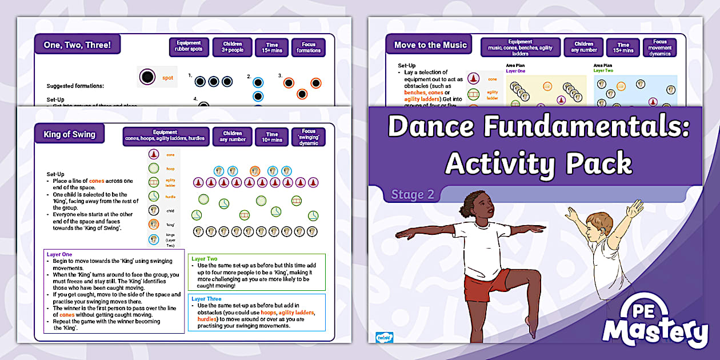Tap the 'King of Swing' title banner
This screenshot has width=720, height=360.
(69, 135)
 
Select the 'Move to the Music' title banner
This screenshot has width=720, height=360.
(430, 45)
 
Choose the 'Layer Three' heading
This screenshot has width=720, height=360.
(206, 299)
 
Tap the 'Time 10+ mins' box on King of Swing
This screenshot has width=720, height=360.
(271, 136)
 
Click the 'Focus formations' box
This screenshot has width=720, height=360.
(309, 47)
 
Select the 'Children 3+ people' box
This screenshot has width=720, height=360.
(232, 47)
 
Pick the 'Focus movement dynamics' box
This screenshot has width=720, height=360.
(659, 47)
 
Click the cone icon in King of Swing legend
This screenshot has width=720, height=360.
(153, 154)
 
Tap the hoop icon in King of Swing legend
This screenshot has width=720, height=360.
(153, 169)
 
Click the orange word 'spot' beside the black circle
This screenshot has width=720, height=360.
(167, 78)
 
